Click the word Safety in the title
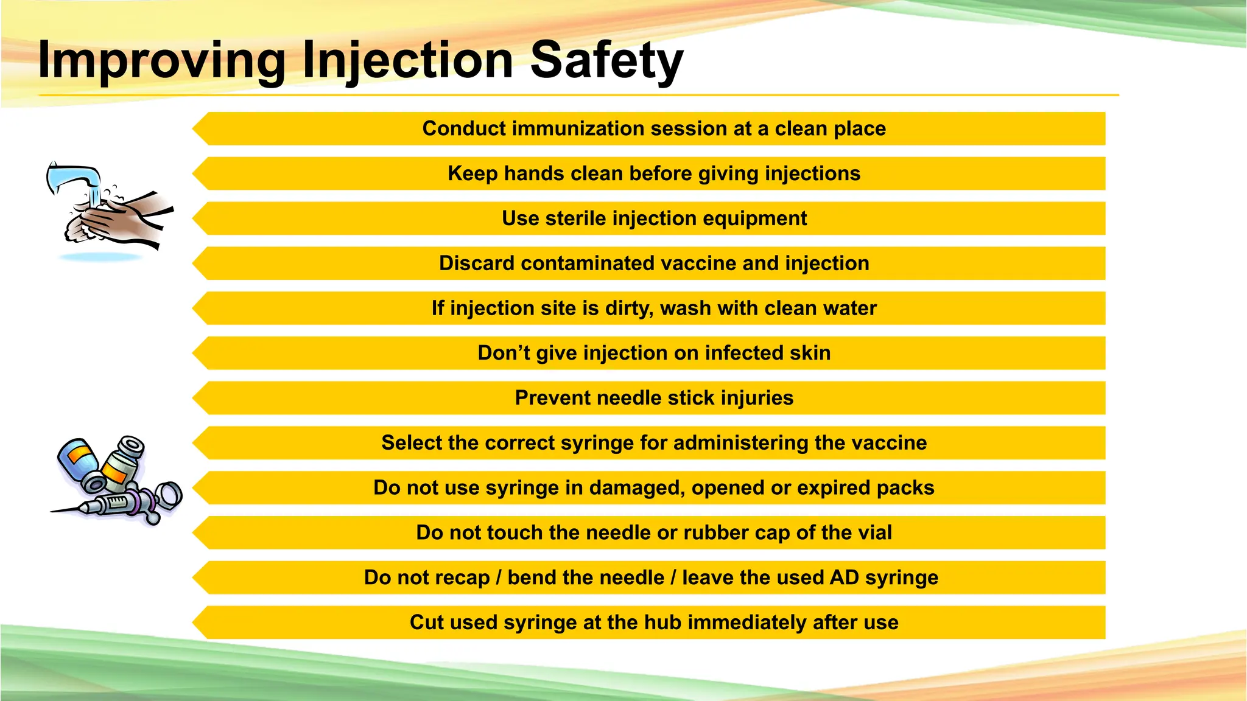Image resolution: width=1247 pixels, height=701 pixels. pyautogui.click(x=606, y=60)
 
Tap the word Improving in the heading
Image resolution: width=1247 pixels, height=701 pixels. pyautogui.click(x=161, y=60)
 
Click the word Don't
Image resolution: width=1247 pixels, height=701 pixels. pyautogui.click(x=504, y=353)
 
